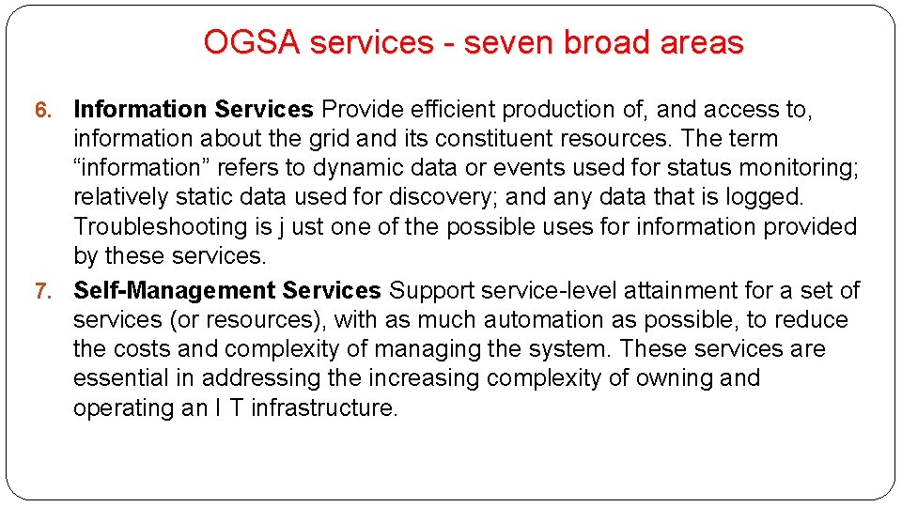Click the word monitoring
(x=791, y=168)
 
